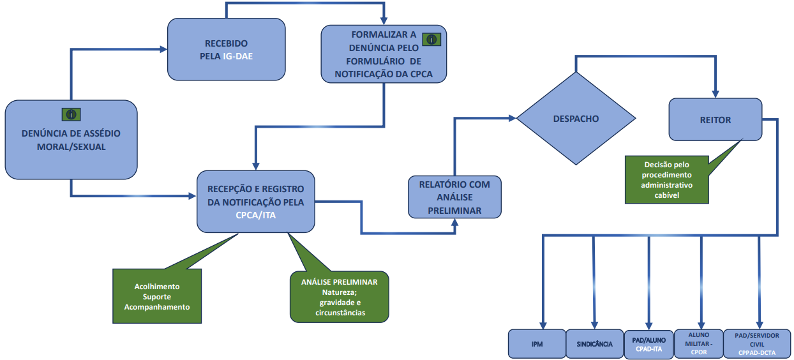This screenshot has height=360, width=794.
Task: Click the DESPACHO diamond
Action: point(576,118)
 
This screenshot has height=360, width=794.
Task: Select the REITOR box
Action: point(715,119)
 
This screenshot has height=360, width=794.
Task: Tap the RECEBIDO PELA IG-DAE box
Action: point(227,49)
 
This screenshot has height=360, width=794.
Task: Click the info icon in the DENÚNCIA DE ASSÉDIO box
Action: point(71,114)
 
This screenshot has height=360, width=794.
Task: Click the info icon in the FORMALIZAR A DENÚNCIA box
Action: point(431,40)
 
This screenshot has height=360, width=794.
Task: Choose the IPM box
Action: point(537,343)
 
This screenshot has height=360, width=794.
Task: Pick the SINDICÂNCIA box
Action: point(594,343)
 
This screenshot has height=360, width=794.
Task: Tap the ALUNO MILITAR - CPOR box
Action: point(699,343)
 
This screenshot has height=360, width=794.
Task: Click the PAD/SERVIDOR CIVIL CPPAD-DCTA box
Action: point(757,343)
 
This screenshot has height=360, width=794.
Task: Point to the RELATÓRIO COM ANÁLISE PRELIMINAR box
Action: point(454,197)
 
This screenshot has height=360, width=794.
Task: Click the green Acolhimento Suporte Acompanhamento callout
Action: point(157,296)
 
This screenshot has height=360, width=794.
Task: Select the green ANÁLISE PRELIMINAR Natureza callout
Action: point(339,297)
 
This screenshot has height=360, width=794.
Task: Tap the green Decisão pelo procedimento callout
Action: point(667,179)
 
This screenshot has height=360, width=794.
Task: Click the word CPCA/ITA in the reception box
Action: point(255,215)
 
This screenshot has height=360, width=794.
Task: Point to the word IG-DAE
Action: point(238,56)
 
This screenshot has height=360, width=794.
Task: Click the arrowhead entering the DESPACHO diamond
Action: point(513,118)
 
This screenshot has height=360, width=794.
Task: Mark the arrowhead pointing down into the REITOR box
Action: point(715,94)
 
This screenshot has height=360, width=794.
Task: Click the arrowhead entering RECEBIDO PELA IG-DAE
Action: point(163,49)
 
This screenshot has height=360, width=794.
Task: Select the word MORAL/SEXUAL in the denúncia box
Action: point(71,147)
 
